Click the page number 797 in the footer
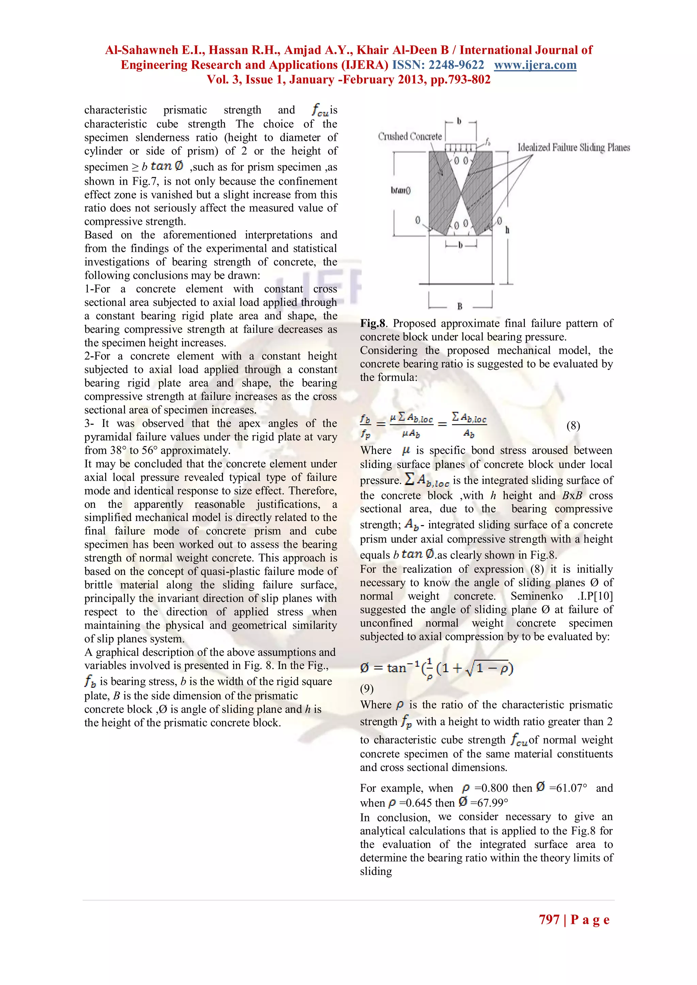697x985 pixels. click(x=549, y=919)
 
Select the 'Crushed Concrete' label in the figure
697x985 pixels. click(x=409, y=136)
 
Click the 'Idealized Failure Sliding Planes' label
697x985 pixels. click(x=573, y=148)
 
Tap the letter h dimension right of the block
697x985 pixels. click(x=507, y=230)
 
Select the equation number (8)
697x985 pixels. click(x=573, y=425)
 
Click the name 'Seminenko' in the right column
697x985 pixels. click(x=536, y=596)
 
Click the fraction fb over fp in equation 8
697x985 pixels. click(x=365, y=426)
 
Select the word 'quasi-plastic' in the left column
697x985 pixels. click(x=230, y=571)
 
